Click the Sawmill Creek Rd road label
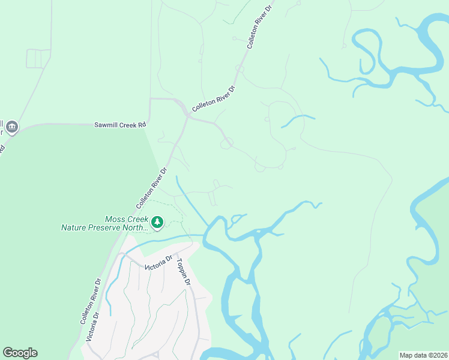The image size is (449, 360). click(x=120, y=125)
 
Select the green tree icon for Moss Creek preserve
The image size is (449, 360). click(x=157, y=223)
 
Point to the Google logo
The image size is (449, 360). click(x=20, y=353)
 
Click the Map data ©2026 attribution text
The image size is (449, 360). click(x=423, y=355)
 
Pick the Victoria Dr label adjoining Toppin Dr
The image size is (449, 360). click(x=158, y=262)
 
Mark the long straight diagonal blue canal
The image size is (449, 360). click(x=192, y=199)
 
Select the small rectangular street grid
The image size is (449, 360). click(x=38, y=59)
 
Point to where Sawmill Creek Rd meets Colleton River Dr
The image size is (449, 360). click(x=187, y=117)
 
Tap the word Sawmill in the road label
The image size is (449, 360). click(x=106, y=125)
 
